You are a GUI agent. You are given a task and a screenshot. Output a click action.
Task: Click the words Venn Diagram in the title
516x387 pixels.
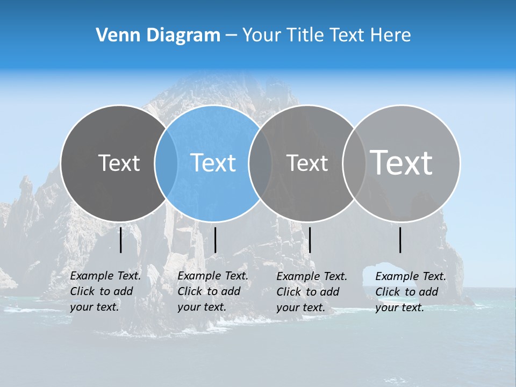coord(158,35)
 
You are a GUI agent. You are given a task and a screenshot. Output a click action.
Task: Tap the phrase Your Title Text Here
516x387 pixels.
coord(326,35)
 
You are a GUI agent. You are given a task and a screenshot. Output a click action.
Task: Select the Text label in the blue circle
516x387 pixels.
coord(213,163)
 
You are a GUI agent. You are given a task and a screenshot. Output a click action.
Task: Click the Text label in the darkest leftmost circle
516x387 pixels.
coord(119,163)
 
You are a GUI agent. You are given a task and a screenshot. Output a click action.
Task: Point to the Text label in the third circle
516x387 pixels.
coord(307,163)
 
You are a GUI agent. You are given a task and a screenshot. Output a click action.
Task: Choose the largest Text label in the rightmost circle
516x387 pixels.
coord(402,162)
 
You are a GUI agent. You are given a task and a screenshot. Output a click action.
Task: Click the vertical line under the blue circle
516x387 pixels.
coord(215,240)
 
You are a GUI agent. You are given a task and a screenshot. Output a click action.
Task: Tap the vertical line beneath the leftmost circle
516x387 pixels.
coord(120,240)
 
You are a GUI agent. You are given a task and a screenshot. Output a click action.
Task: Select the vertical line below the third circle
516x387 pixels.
coord(310,240)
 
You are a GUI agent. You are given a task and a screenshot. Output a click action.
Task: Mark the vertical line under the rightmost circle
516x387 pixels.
coord(400,240)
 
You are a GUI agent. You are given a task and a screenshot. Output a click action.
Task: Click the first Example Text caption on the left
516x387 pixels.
coord(105,291)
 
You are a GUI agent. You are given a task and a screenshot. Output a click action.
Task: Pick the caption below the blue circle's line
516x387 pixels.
coord(212,291)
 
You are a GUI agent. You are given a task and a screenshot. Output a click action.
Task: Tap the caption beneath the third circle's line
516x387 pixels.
coord(311,292)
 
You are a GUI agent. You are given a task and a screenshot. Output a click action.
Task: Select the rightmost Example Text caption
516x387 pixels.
coord(410,292)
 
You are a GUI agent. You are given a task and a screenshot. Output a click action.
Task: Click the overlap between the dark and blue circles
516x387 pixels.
coord(166,163)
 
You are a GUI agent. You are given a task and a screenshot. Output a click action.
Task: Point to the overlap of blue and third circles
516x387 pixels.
coord(260,163)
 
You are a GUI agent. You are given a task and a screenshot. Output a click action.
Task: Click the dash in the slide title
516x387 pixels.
coord(231,35)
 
